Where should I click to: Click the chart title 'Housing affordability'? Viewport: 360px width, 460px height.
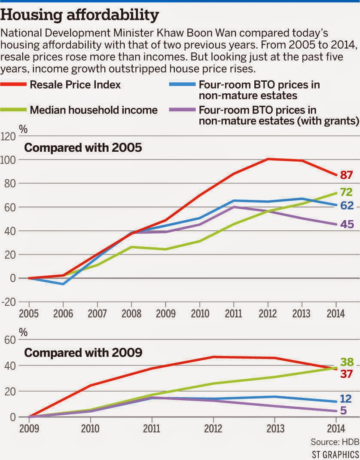(x=80, y=15)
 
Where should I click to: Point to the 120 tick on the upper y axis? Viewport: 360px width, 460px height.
(x=8, y=136)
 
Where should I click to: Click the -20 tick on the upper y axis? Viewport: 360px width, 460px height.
(x=8, y=302)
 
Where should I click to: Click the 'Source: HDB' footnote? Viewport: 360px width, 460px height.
(x=334, y=442)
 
